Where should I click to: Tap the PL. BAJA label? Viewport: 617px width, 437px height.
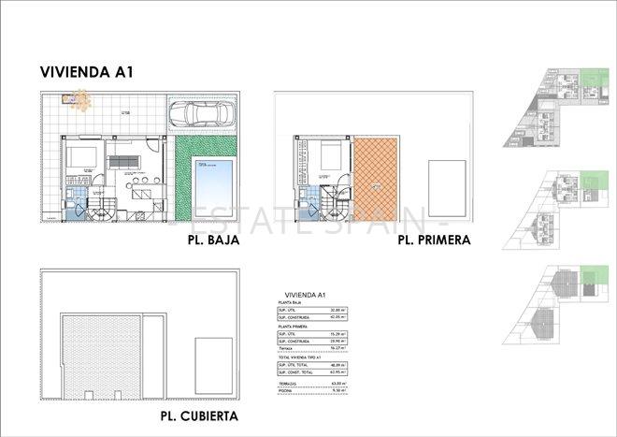point(214,240)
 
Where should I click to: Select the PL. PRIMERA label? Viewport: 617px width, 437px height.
point(434,240)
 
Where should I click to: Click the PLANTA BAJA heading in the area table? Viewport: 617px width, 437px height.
point(290,305)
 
